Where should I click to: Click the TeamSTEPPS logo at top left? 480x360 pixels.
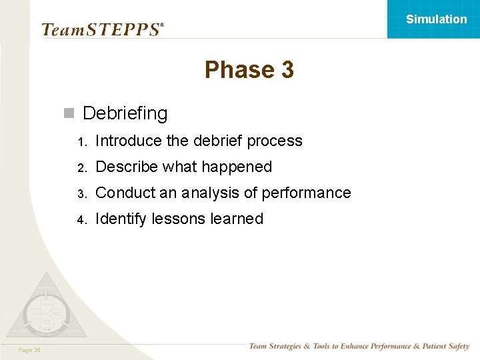click(x=102, y=29)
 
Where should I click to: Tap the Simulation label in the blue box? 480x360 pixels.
click(x=437, y=19)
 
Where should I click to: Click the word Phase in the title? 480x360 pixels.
click(x=234, y=70)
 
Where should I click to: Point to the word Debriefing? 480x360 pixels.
click(x=125, y=113)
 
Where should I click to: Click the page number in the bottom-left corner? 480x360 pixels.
click(x=29, y=349)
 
